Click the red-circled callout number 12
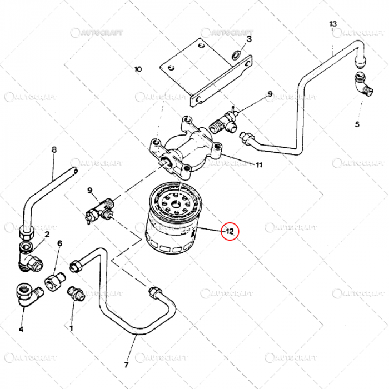[230, 230]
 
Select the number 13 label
[333, 24]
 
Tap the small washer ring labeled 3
[237, 54]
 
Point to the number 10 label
[138, 69]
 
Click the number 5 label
[357, 124]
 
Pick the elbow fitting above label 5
[362, 87]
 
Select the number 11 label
[258, 164]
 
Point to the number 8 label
[54, 149]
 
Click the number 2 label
[47, 234]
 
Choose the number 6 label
[59, 243]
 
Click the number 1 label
[71, 328]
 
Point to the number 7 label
[126, 365]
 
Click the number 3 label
[249, 39]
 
